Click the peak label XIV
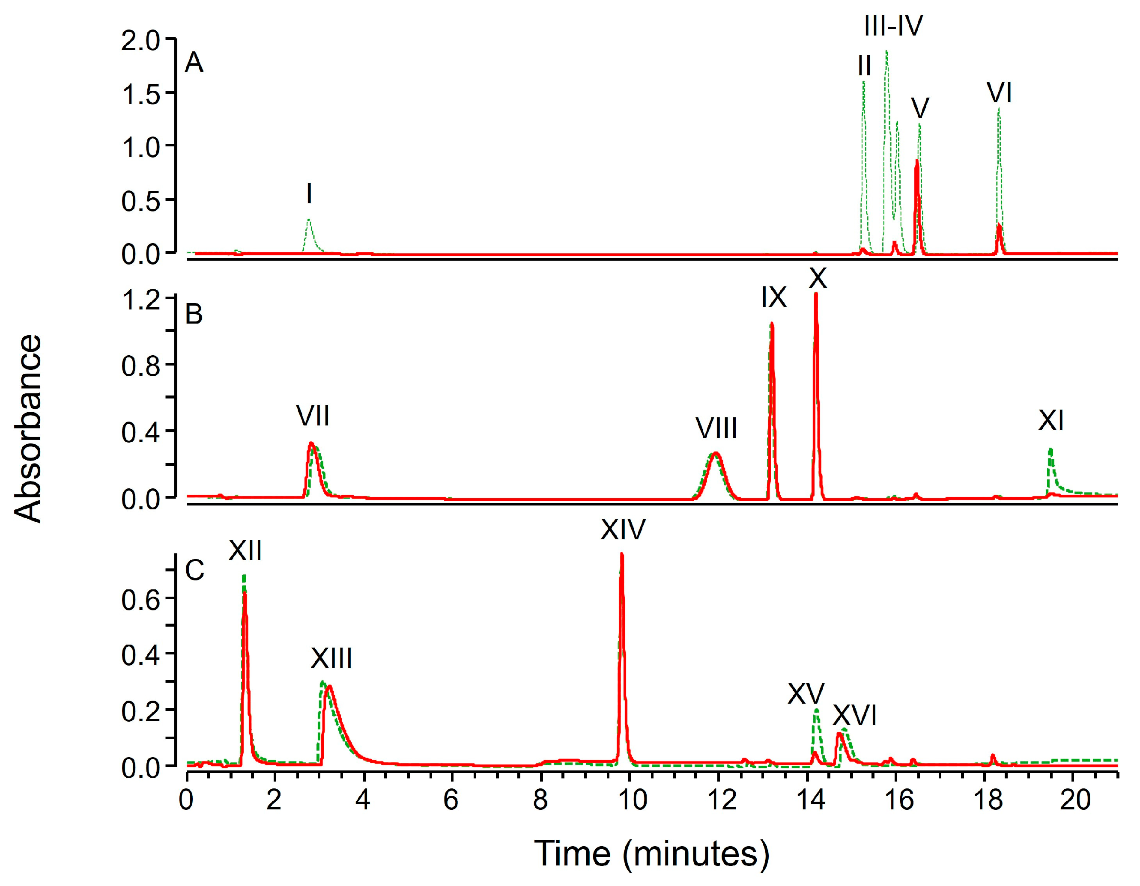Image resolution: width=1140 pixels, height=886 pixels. tap(623, 529)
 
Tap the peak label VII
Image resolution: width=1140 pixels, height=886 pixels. tap(313, 416)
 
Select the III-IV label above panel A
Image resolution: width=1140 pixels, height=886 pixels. tap(893, 25)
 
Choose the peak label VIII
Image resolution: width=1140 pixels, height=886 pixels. tap(716, 428)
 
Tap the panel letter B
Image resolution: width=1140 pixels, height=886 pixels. tap(194, 314)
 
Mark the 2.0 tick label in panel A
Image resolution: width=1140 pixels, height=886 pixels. tap(140, 41)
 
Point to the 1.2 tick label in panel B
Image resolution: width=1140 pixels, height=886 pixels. tap(140, 300)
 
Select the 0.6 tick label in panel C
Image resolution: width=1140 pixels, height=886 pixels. tap(140, 600)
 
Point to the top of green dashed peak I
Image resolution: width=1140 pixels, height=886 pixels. tap(309, 219)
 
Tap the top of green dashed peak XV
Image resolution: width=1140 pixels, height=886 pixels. tap(816, 709)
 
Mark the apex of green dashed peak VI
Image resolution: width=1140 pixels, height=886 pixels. tap(999, 109)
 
